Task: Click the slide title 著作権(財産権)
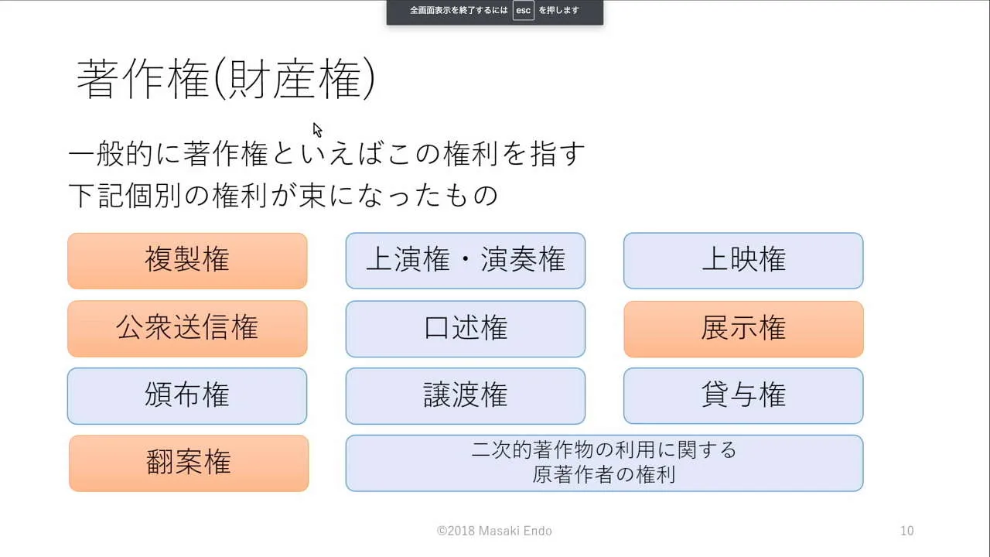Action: (x=226, y=79)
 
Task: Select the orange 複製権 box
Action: (x=187, y=261)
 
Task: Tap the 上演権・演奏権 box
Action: (x=466, y=261)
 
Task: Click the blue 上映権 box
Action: (x=743, y=261)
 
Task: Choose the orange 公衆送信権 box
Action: (x=187, y=329)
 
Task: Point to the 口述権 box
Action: (x=466, y=329)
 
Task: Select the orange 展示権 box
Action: (x=743, y=329)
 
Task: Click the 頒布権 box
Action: (x=187, y=396)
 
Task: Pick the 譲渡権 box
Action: (x=466, y=396)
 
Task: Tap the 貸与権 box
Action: (x=743, y=396)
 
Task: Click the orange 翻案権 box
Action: (x=189, y=463)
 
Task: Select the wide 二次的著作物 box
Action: (x=604, y=463)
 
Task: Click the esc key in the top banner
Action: (x=524, y=10)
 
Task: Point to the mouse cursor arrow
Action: (x=317, y=130)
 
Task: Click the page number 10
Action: (x=907, y=531)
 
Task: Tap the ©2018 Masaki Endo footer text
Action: (x=494, y=531)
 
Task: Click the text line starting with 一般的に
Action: (x=327, y=153)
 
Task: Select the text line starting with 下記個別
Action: (x=283, y=195)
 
